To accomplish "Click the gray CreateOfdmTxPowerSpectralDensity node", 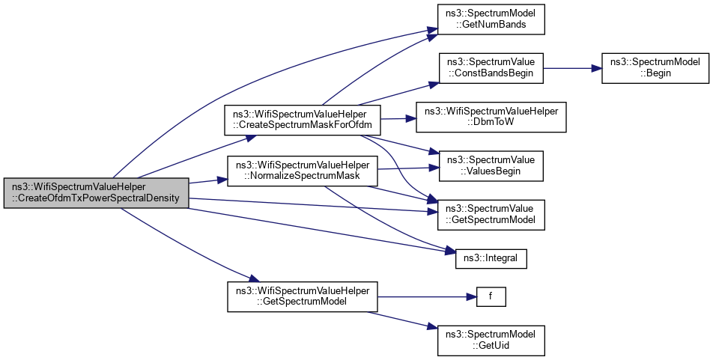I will pos(96,192).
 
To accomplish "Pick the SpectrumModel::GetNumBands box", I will pos(491,17).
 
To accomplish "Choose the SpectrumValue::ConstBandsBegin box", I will pos(491,68).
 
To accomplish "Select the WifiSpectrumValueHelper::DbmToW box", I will pos(491,118).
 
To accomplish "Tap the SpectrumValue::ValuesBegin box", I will pos(491,165).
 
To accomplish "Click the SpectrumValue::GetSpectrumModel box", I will pos(491,213).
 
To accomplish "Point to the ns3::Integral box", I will pos(491,259).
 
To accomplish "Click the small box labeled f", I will pos(491,296).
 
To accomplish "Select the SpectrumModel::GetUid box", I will pos(491,339).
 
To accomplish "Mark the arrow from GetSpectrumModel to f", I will pos(427,296).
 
